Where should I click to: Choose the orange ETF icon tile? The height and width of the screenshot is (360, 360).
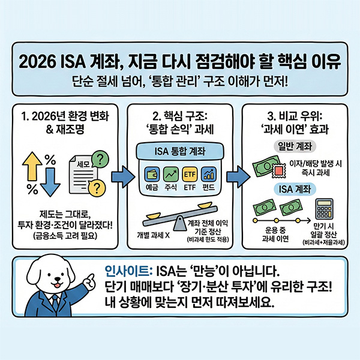click(x=190, y=175)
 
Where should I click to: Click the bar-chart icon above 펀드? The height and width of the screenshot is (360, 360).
click(x=209, y=175)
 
